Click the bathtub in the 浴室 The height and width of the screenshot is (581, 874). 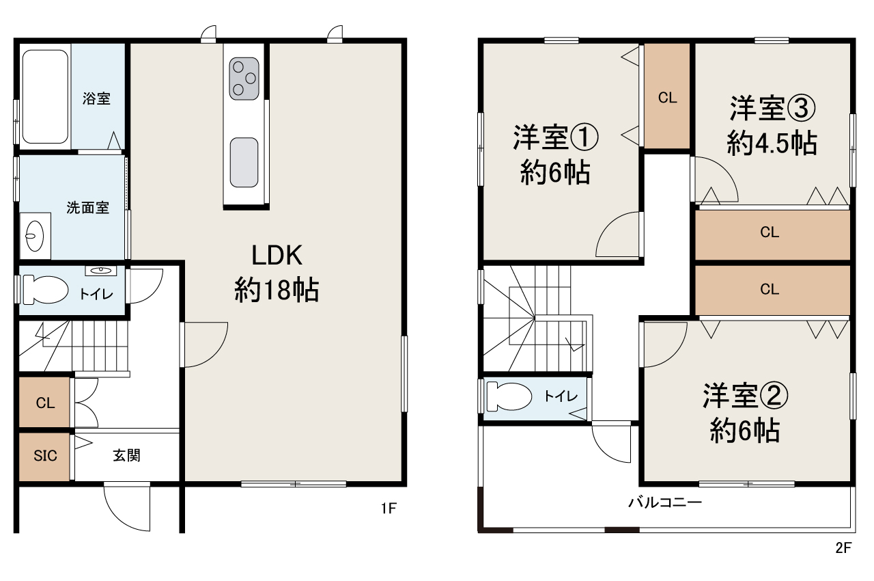point(45,95)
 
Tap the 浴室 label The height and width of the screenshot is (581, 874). point(96,98)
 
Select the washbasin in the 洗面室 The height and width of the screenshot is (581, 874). point(36,236)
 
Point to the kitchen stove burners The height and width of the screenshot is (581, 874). point(244,78)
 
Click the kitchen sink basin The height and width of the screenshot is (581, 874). point(244,162)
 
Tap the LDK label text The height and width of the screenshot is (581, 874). point(277,256)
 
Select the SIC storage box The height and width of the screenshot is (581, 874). point(45,456)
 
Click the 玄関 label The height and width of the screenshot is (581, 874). point(126,455)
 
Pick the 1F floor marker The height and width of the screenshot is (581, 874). point(389,509)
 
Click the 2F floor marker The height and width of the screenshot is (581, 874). point(844,548)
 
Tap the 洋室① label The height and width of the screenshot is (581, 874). point(555,139)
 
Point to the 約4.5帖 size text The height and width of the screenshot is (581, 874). point(772,144)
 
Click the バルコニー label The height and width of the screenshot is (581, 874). point(665,503)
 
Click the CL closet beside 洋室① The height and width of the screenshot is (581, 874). point(667,98)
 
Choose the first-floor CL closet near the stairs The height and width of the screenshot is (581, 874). point(45,403)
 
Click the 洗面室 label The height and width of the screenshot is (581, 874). point(87,208)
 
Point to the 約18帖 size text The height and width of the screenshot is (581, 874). point(277,291)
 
